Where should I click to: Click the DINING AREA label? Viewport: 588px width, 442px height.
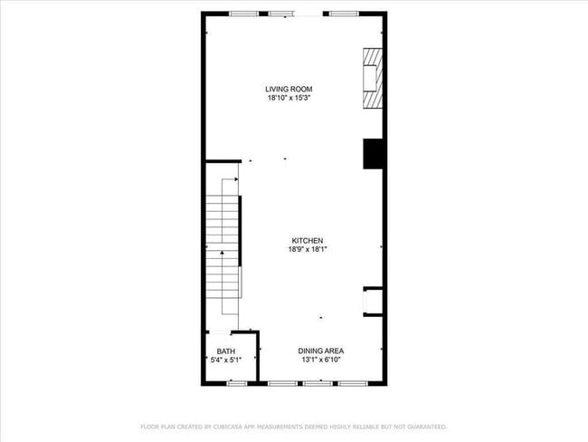click(321, 351)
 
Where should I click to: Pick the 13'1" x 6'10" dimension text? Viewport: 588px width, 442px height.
click(321, 360)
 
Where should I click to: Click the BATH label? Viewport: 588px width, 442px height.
click(225, 351)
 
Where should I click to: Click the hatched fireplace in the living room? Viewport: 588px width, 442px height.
click(373, 78)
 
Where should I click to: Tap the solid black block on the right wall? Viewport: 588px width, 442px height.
click(374, 153)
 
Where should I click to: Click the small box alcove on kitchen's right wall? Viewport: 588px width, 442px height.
click(374, 302)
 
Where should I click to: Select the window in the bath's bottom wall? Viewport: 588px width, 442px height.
click(237, 383)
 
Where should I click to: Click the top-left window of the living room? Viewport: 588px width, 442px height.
click(242, 14)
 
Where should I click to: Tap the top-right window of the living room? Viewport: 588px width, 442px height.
click(342, 14)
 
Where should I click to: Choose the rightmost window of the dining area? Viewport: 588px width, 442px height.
click(352, 383)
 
